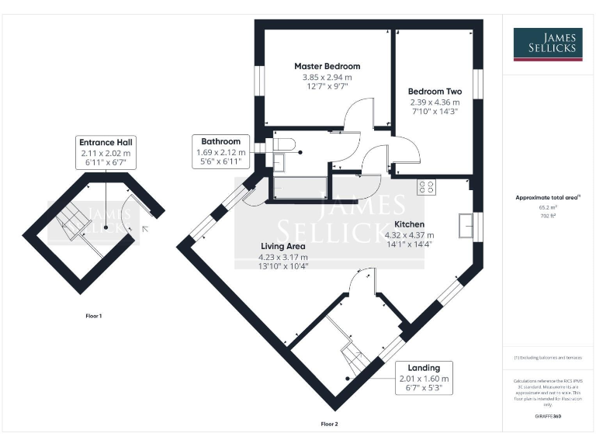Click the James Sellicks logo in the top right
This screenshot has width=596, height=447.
pos(548,44)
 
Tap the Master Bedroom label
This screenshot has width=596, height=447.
pos(327,67)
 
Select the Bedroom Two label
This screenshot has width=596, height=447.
pos(435,91)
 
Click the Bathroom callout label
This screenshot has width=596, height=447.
pos(221,141)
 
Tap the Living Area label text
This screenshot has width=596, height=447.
pos(283,246)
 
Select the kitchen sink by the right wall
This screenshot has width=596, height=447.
pos(467,224)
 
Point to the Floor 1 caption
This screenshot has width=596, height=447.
pos(93,316)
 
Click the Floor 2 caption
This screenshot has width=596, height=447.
pos(330,424)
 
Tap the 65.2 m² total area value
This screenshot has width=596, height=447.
pos(547,208)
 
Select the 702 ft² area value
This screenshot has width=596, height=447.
pos(547,217)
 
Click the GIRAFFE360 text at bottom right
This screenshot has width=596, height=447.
pos(548,417)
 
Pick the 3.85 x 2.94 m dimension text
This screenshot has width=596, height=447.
pos(327,78)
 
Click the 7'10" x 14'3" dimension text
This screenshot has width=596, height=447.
pos(435,112)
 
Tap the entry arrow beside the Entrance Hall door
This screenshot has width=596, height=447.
pos(146,228)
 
